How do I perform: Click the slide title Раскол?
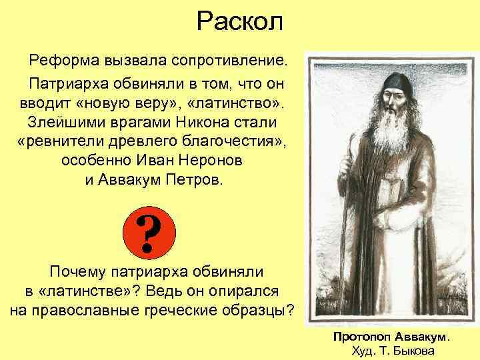[x=240, y=22]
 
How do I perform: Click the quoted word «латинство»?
[x=236, y=104]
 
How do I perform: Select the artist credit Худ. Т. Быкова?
[x=391, y=351]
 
